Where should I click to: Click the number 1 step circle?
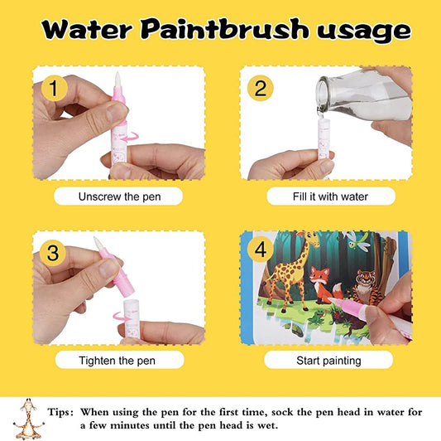click(53, 87)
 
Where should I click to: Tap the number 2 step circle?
click(260, 88)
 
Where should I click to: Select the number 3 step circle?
click(53, 251)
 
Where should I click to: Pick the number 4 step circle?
click(259, 251)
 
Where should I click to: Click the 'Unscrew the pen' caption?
click(119, 197)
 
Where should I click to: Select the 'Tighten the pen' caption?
click(119, 361)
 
